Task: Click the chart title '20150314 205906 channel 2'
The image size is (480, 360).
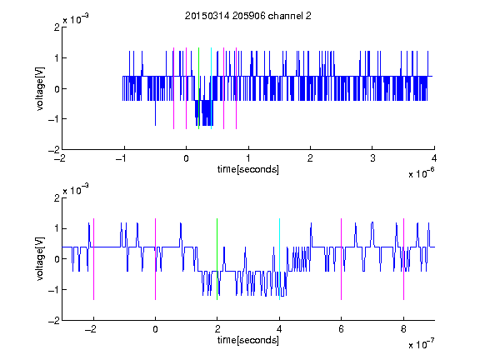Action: tap(248, 16)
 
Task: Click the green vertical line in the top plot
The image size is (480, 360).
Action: tap(198, 88)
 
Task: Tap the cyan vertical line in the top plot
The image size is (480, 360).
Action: tap(211, 88)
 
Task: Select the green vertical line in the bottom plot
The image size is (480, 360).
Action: tap(217, 259)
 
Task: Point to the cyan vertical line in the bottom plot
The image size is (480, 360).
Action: tap(279, 259)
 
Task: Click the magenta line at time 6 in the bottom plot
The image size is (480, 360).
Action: tap(342, 259)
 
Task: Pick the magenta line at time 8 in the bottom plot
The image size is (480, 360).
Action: tap(404, 259)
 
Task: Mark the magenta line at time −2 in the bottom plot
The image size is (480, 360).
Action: tap(93, 259)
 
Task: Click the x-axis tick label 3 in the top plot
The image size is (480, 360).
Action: tap(372, 158)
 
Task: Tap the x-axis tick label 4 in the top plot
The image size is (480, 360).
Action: tap(434, 158)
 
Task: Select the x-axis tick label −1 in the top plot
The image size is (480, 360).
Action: tap(122, 158)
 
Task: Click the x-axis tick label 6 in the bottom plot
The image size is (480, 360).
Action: tap(342, 329)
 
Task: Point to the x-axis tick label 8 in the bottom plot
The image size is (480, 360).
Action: tap(404, 329)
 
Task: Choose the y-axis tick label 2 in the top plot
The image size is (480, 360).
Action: tap(57, 27)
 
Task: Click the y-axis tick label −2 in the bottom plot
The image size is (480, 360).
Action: tap(54, 321)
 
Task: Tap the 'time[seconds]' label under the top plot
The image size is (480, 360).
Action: tap(248, 169)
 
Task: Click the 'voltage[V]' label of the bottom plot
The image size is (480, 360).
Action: tap(40, 259)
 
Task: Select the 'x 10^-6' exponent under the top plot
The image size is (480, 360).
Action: tap(421, 172)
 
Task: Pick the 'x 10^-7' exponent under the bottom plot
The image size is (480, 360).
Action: tap(421, 344)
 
